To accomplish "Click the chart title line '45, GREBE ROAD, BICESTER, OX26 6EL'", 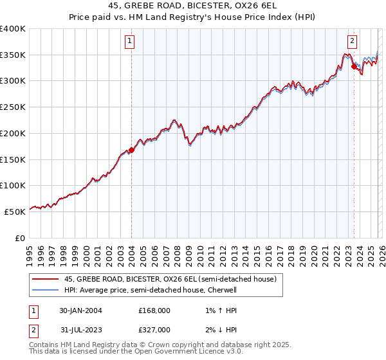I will pyautogui.click(x=193, y=5).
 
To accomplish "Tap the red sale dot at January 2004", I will pyautogui.click(x=131, y=150).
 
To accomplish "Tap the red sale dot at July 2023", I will pyautogui.click(x=354, y=66).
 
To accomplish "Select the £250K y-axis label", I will pyautogui.click(x=13, y=107).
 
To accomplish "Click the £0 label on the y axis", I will pyautogui.click(x=19, y=238).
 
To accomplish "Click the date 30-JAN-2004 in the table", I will pyautogui.click(x=80, y=310).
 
